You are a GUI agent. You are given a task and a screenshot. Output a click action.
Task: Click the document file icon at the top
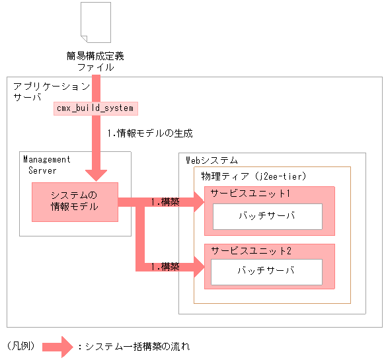96,24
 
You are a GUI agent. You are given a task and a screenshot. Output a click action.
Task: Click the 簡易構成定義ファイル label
96,61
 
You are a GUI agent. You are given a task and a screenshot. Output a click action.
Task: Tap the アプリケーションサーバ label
51,92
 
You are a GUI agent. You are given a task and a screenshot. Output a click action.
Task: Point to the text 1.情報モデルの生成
150,133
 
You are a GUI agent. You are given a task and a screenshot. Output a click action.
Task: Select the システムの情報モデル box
75,201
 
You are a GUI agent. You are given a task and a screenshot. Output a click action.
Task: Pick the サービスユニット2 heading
250,251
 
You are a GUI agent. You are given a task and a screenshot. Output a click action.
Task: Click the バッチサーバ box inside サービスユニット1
267,217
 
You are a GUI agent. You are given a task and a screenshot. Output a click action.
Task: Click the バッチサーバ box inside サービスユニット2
267,271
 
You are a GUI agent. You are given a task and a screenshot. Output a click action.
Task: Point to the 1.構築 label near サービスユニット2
165,267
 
